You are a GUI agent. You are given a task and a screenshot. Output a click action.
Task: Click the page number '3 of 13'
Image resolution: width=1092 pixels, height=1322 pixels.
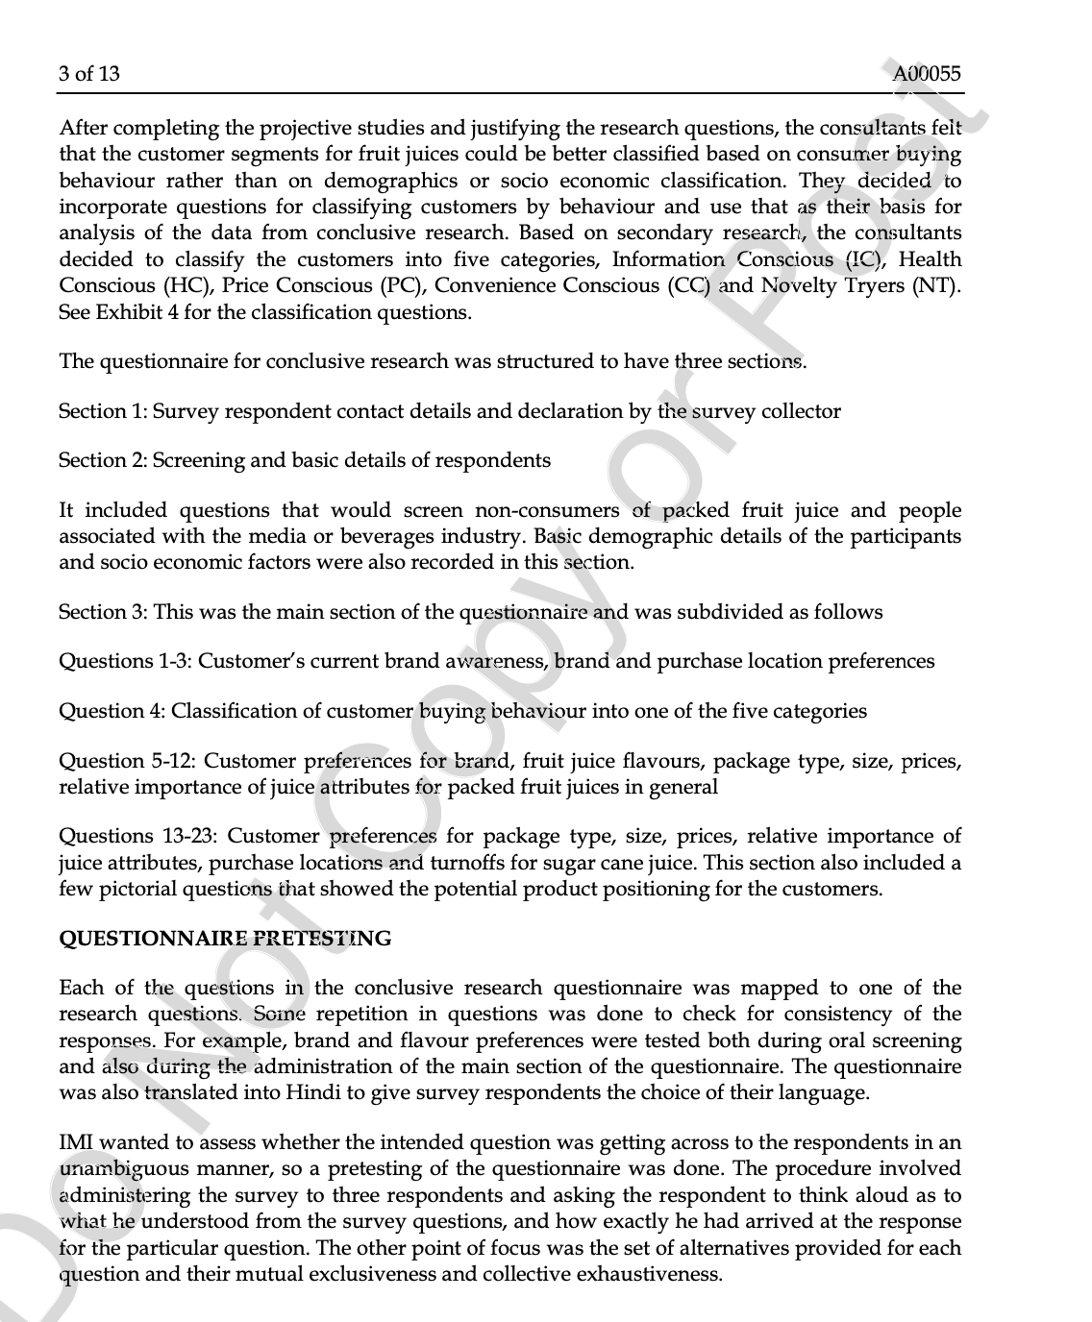click(x=89, y=74)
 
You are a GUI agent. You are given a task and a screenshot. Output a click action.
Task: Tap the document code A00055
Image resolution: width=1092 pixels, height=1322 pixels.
click(x=926, y=74)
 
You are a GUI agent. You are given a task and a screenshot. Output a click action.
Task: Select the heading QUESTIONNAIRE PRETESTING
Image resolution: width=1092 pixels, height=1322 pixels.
click(x=225, y=939)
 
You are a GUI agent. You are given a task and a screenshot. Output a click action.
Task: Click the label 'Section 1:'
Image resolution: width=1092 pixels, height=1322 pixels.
click(x=103, y=411)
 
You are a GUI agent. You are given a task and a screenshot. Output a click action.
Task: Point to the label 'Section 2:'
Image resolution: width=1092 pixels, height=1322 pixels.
click(x=103, y=460)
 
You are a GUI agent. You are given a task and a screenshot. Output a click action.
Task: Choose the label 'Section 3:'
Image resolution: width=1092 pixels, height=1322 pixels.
click(x=103, y=612)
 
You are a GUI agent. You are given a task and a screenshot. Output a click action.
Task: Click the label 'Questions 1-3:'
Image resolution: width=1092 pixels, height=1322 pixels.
click(x=125, y=661)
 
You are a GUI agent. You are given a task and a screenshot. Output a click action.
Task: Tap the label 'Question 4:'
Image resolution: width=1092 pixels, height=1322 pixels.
click(x=112, y=711)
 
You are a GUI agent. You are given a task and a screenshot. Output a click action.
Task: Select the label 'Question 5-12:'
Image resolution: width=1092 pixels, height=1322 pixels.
click(x=127, y=761)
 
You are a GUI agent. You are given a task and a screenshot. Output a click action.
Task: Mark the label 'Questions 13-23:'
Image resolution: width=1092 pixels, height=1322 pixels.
click(x=138, y=836)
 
